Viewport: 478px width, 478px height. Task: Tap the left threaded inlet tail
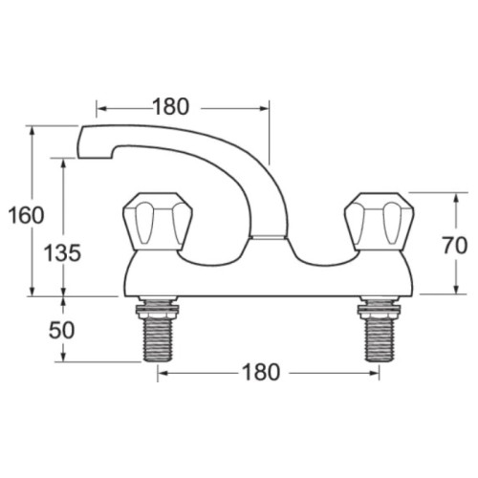158,339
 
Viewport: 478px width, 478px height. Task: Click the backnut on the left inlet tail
158,309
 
